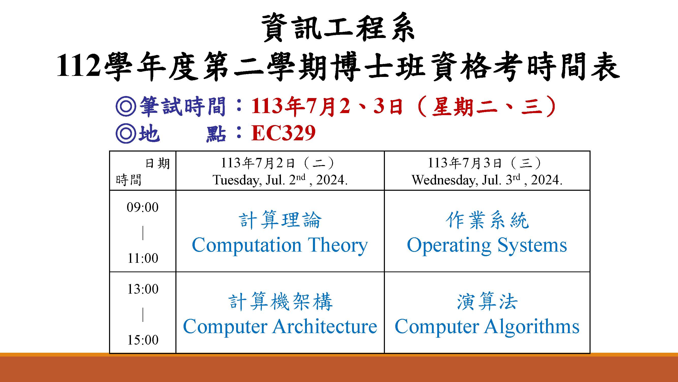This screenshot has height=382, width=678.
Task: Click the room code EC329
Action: tap(283, 133)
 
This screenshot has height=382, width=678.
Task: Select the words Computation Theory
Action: tap(280, 245)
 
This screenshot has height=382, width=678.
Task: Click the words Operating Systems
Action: tap(487, 245)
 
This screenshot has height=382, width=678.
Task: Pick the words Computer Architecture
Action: tap(280, 327)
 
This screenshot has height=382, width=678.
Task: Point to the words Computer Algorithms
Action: tap(487, 327)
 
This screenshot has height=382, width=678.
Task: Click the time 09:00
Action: tap(143, 207)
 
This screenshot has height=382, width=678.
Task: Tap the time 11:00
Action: tap(143, 258)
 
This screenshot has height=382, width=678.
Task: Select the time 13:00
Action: tap(143, 289)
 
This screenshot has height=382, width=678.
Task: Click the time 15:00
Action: tap(143, 340)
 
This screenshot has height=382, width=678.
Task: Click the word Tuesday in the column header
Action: tap(237, 181)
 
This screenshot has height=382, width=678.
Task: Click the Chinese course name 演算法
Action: tap(487, 302)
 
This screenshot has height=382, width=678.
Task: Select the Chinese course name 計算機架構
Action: tap(280, 302)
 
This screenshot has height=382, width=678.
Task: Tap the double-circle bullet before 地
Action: tap(126, 133)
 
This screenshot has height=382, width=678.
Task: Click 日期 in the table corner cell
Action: tap(157, 164)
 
